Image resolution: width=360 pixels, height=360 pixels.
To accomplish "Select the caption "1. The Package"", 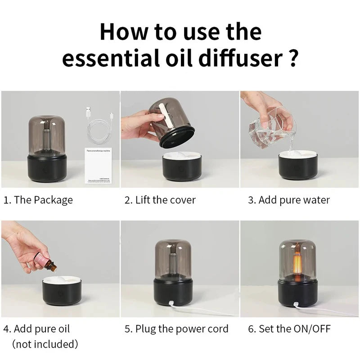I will coord(38,200).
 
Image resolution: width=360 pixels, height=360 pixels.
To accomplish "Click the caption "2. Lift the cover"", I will coord(160,200).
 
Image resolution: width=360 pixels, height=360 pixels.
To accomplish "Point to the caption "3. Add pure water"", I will coord(289,200).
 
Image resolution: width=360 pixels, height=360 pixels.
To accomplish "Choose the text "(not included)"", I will coord(45,345).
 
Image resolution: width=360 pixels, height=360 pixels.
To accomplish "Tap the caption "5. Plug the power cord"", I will coord(176,329).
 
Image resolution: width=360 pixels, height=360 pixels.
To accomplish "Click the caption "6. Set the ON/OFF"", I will coord(289,329).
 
